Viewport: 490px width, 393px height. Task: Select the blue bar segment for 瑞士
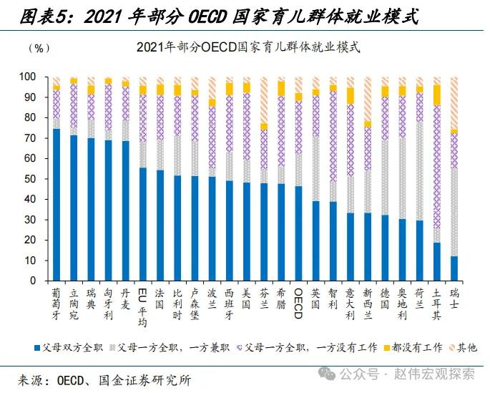pyautogui.click(x=454, y=268)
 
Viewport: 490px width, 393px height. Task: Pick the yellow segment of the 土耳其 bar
pyautogui.click(x=437, y=95)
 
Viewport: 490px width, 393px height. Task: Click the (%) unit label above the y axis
pyautogui.click(x=38, y=48)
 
